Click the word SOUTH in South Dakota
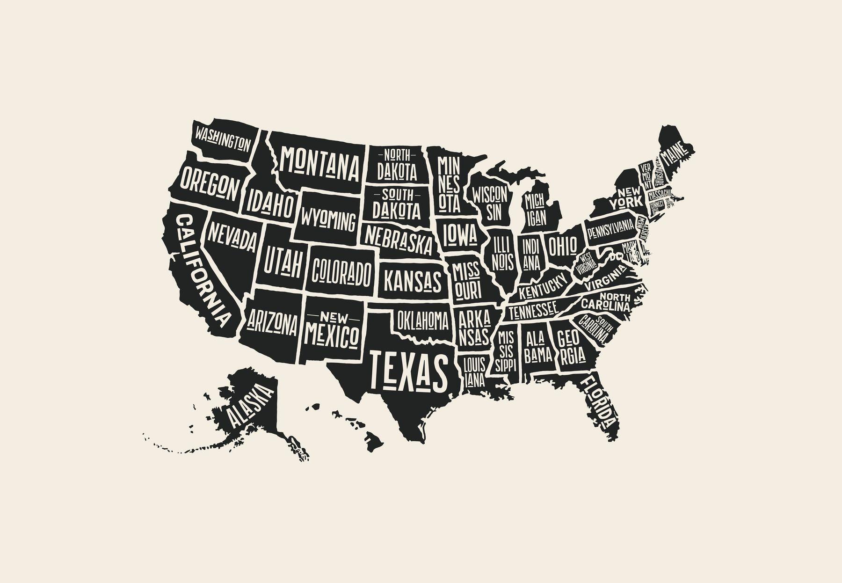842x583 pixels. (398, 194)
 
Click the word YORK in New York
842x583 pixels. (625, 203)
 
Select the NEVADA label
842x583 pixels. (232, 237)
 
